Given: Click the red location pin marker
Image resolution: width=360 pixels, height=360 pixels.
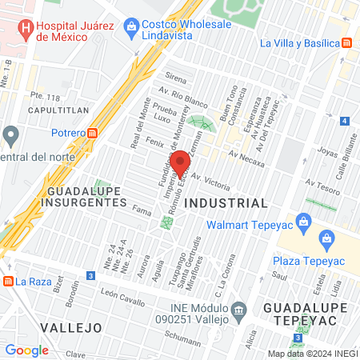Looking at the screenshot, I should pos(180,163).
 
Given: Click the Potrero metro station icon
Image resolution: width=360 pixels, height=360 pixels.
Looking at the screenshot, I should pos(94,133).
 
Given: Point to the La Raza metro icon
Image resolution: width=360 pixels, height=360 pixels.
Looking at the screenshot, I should pos(8,281).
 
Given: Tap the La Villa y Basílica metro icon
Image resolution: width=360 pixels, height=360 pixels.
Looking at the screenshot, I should pos(347,43).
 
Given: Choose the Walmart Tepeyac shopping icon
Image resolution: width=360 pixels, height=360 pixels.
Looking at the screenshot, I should pos(303,221).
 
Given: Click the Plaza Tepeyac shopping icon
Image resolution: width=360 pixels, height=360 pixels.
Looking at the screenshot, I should pos(326,238).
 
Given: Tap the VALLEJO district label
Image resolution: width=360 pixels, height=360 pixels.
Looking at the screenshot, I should pos(68,328).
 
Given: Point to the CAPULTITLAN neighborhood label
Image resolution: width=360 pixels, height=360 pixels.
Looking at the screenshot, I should pos(58,113).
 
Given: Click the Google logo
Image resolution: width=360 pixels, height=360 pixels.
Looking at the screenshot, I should pos(26,350).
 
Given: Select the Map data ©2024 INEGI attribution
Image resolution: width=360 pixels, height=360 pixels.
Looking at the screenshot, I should pos(312,353).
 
